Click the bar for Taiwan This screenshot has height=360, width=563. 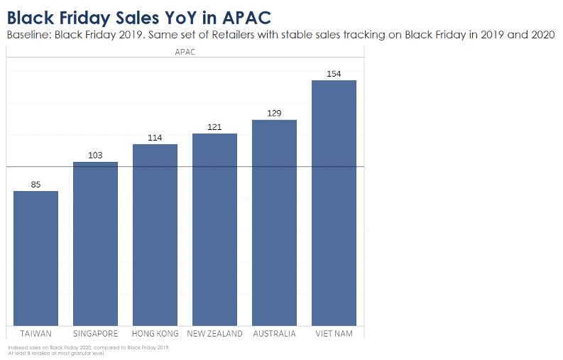[x=35, y=258]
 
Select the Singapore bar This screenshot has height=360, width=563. [x=95, y=244]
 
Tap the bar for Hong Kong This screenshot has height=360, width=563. [x=155, y=235]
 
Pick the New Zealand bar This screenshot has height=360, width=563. [x=214, y=230]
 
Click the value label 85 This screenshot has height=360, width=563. [x=35, y=185]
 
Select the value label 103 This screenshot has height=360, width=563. [x=95, y=156]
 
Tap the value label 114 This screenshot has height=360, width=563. [x=155, y=138]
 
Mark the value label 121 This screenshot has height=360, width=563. [x=214, y=127]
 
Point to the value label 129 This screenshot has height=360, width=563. [x=274, y=114]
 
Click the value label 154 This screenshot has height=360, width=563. [x=334, y=74]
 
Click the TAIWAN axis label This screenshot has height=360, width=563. [x=35, y=334]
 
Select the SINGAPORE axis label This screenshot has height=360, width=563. [x=95, y=334]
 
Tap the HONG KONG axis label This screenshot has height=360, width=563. [x=155, y=334]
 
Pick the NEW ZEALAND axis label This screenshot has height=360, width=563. [x=214, y=334]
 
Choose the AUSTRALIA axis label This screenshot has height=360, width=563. [x=274, y=334]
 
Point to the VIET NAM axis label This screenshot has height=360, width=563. [x=334, y=334]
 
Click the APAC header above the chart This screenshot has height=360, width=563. [x=185, y=52]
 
